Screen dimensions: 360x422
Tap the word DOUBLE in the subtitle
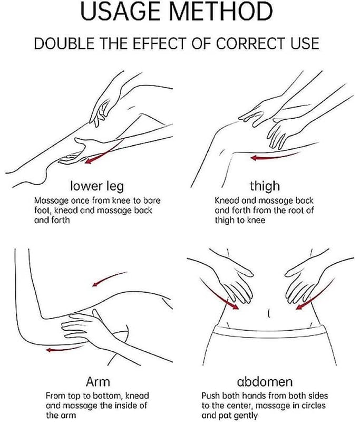(64, 43)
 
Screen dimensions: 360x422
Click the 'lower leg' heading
(97, 186)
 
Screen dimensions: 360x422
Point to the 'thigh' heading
(265, 186)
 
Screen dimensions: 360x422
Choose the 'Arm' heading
(98, 381)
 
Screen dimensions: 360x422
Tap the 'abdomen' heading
(265, 381)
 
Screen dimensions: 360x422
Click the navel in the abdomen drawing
(269, 313)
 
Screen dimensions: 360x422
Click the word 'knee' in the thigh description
(256, 220)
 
